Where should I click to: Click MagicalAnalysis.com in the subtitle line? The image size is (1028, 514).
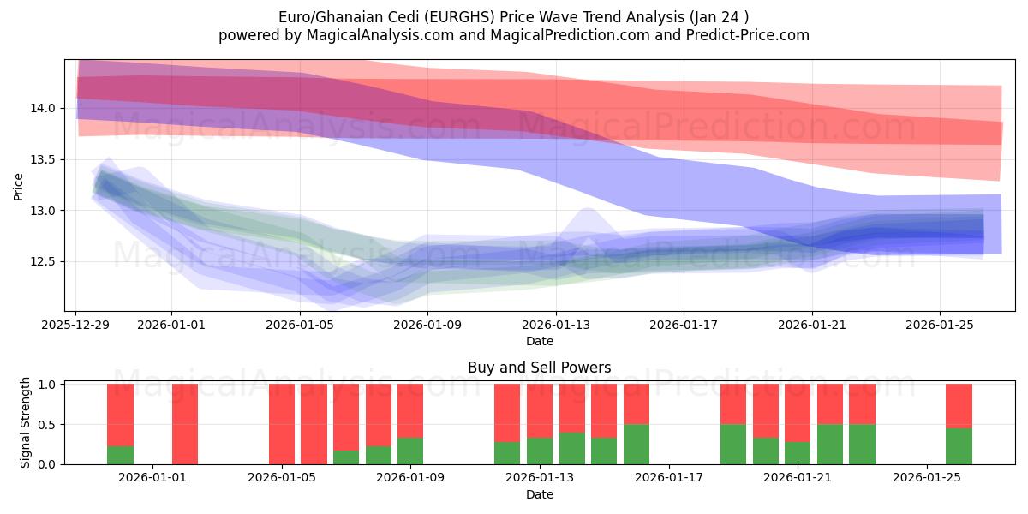[x=360, y=35]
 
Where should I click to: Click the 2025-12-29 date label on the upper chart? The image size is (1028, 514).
[x=76, y=325]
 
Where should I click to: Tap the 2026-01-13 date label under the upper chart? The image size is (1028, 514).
[x=555, y=325]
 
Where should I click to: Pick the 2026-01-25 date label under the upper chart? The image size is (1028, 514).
[x=940, y=325]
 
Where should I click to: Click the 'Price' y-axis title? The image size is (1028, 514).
[x=19, y=186]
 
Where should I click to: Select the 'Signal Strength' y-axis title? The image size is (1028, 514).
[x=26, y=423]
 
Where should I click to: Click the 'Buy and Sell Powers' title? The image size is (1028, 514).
[x=539, y=368]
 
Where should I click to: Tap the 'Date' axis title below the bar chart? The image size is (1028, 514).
[x=539, y=494]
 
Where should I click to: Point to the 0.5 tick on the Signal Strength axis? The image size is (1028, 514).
[x=48, y=424]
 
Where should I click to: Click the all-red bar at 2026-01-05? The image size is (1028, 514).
[x=282, y=424]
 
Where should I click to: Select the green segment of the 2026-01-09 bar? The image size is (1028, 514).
[x=410, y=451]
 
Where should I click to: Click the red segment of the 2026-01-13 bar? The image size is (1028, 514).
[x=540, y=410]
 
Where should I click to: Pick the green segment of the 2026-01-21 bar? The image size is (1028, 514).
[x=798, y=453]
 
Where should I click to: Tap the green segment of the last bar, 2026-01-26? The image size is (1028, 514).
[x=959, y=446]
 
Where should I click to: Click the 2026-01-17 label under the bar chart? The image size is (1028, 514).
[x=668, y=478]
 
